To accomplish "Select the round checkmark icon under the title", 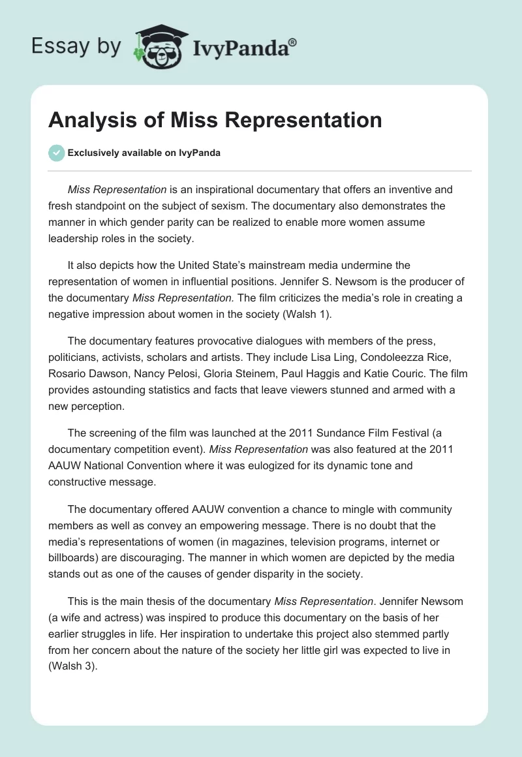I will pos(56,153).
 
